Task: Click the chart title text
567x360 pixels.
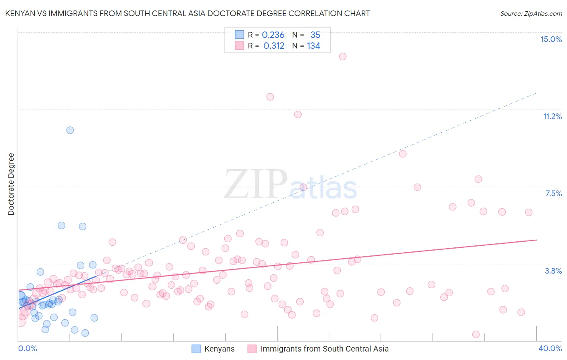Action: tap(187, 13)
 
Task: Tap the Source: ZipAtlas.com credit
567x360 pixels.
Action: tap(531, 13)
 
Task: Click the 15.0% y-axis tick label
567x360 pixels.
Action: tap(551, 39)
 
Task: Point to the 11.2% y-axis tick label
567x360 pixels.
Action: tap(552, 116)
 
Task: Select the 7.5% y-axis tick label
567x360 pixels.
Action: tap(553, 193)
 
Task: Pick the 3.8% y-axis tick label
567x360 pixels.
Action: tap(553, 271)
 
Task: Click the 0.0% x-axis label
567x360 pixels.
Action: tap(27, 348)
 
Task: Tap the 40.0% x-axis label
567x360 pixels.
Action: tap(550, 348)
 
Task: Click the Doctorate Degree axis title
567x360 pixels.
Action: tap(11, 184)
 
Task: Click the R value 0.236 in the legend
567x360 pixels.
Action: tap(273, 35)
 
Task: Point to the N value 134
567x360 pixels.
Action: tap(313, 46)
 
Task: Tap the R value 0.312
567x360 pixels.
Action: tap(274, 46)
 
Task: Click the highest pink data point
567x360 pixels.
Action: tap(343, 57)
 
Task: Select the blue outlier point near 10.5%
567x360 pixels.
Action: tap(70, 130)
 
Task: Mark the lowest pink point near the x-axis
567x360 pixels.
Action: tap(476, 335)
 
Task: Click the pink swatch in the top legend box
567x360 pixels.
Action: tap(240, 46)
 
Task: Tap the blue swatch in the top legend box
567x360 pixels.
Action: tap(240, 35)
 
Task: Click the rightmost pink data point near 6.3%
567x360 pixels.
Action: tap(529, 212)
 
